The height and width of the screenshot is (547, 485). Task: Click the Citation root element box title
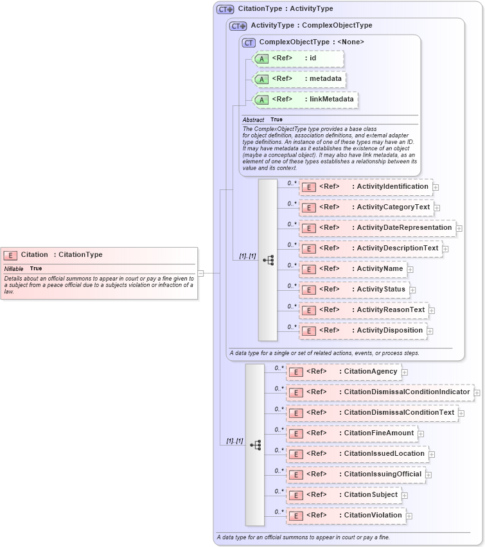[x=61, y=255]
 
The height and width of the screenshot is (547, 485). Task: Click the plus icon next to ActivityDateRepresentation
[x=459, y=229]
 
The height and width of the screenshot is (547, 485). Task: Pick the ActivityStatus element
[x=355, y=290]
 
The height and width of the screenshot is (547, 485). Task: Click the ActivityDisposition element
[x=363, y=331]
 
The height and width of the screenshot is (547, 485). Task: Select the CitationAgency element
[x=344, y=372]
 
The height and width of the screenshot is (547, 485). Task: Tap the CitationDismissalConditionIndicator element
[x=381, y=392]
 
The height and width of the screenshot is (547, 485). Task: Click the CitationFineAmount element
[x=352, y=433]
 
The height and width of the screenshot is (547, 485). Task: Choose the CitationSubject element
[x=344, y=495]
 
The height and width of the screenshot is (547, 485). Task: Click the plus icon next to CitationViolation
[x=409, y=516]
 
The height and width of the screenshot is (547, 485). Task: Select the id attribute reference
[x=299, y=58]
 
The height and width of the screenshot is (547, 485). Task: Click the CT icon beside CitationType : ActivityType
[x=225, y=9]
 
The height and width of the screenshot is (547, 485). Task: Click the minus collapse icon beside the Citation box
[x=200, y=273]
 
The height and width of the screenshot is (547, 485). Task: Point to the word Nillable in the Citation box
[x=14, y=268]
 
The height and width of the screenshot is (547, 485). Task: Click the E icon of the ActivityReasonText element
[x=309, y=311]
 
